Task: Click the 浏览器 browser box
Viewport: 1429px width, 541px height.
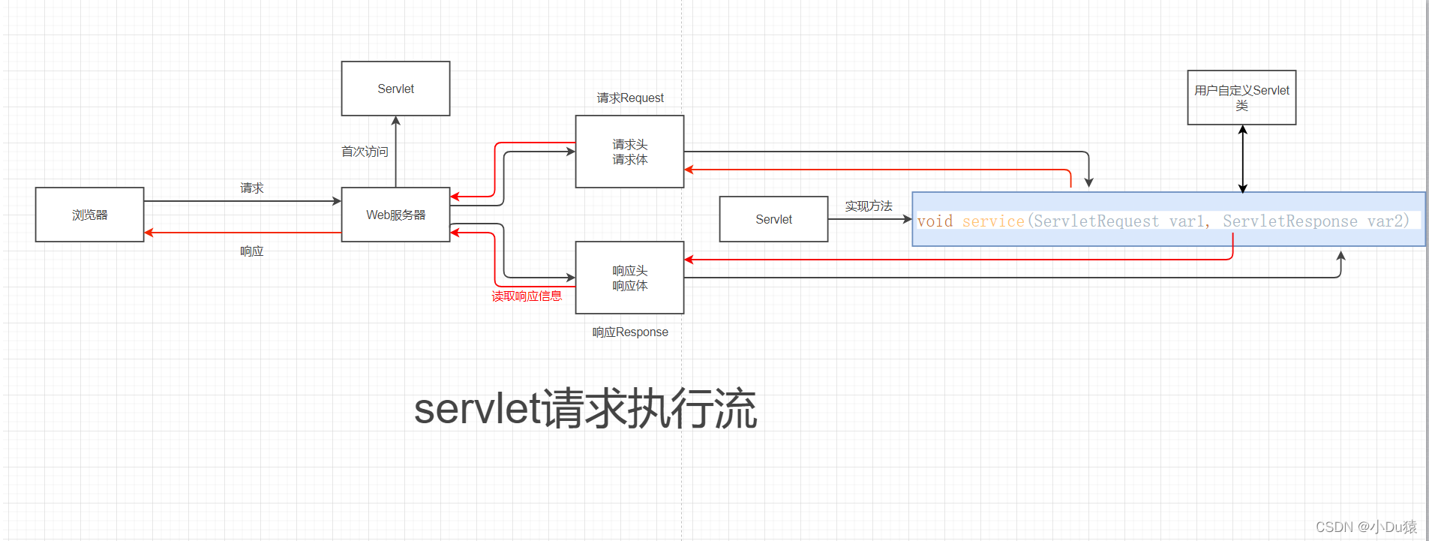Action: [89, 215]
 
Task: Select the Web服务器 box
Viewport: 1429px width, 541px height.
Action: [395, 215]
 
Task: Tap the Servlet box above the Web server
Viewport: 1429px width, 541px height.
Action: [395, 89]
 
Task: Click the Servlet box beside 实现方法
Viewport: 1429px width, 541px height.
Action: [773, 219]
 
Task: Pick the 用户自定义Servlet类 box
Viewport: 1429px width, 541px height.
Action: [1241, 98]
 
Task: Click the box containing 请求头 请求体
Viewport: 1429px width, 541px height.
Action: [629, 152]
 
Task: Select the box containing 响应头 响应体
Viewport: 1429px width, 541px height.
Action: [629, 278]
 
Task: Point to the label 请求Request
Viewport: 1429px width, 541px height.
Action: [630, 98]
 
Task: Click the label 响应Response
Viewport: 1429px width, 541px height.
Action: [630, 332]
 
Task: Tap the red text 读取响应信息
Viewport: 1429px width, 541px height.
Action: [527, 296]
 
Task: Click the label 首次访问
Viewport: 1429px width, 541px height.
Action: [365, 152]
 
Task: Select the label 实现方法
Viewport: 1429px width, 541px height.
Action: [869, 206]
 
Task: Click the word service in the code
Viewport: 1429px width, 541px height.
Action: [993, 221]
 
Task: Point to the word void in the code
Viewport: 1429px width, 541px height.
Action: [935, 221]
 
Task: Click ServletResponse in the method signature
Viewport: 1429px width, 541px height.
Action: [1289, 221]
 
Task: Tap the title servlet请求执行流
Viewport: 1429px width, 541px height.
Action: [585, 409]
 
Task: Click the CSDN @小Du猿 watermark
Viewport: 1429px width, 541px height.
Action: [1366, 527]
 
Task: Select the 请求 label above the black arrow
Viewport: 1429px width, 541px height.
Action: [251, 188]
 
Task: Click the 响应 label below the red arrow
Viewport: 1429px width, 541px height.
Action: [251, 251]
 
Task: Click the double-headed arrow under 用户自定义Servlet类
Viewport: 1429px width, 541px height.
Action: [1242, 159]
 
